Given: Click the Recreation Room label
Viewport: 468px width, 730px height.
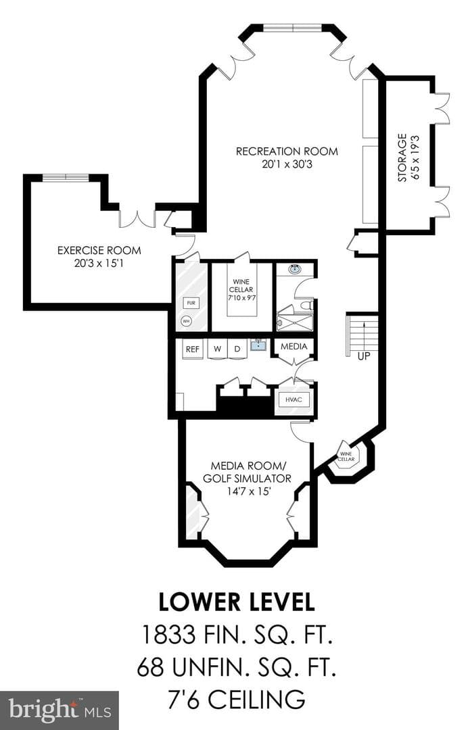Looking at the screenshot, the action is coord(287,151).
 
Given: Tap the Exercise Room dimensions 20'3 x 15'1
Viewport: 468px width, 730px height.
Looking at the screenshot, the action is coord(99,263).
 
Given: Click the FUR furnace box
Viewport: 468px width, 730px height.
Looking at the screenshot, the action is coord(191,303).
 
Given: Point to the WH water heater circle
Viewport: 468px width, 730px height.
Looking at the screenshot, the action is coord(186,321).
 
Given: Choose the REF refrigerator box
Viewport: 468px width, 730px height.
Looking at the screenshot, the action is coord(192,349).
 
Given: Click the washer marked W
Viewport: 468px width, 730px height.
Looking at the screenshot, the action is coord(218,349).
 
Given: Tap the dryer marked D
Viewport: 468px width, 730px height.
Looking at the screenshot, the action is coord(237,349).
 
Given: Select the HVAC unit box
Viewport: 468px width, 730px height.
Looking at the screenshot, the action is coord(294,400).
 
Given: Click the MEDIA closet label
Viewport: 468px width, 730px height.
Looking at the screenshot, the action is coord(294,346).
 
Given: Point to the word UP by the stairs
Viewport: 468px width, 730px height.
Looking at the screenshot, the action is coord(364,357).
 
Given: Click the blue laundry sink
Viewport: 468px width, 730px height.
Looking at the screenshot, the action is coord(258,345).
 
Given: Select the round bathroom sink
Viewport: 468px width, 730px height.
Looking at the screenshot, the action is coord(294,269).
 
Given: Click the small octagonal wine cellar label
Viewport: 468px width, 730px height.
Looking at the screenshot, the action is coord(346,456).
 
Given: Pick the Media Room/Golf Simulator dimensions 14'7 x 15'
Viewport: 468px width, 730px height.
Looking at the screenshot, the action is coord(249,491).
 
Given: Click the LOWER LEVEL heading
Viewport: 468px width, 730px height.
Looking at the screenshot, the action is coord(237,602).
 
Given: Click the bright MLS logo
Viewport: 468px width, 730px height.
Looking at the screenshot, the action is coord(59,710).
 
